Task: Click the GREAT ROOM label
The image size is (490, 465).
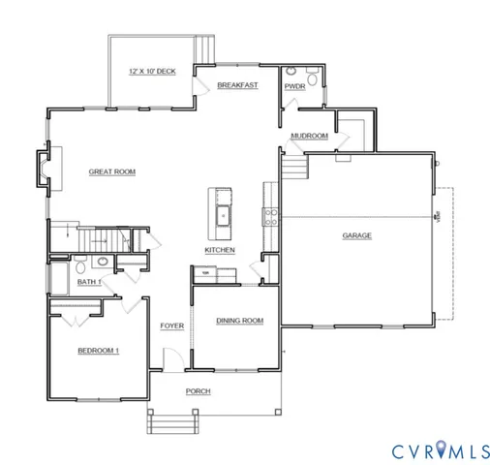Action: point(112,171)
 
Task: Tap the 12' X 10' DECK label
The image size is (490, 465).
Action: point(152,73)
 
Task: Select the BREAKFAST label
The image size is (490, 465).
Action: point(237,85)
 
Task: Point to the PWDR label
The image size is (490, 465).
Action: point(295,86)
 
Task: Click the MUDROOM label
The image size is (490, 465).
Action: point(310,137)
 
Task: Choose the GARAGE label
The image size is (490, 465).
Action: point(356,235)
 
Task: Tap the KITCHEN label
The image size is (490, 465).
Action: point(220,250)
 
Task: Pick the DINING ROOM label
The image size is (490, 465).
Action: point(239,321)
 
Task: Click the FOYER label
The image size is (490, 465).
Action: point(172,325)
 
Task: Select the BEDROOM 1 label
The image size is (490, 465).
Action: point(98,350)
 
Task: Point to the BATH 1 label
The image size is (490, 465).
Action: point(90,282)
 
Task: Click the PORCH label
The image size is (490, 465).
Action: point(199,391)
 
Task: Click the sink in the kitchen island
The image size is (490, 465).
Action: point(222,214)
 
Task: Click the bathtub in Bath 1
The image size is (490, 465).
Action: point(57,275)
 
